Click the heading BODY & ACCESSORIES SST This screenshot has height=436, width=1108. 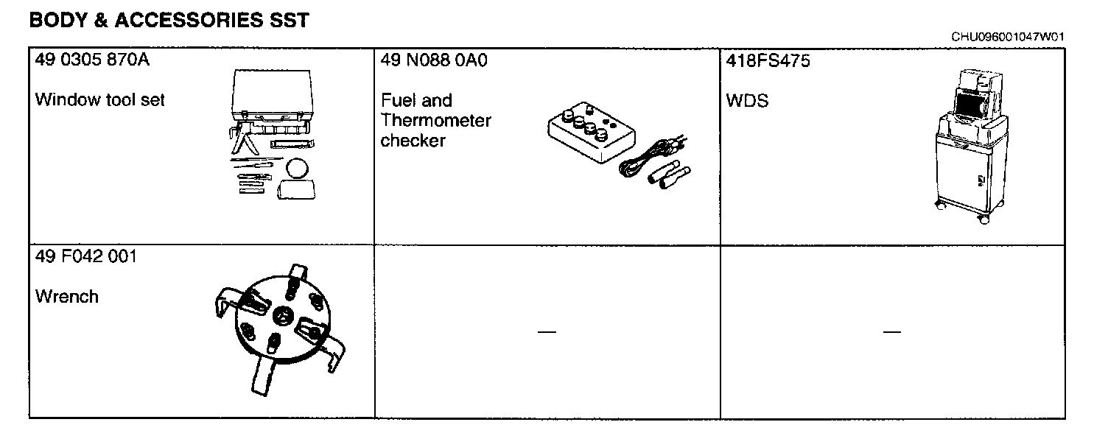pos(169,21)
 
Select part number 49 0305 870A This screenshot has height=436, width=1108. pos(92,60)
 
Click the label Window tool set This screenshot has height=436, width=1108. pos(99,99)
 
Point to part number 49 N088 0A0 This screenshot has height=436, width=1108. pos(434,60)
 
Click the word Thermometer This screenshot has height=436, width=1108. pos(435,121)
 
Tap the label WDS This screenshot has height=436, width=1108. pos(747,101)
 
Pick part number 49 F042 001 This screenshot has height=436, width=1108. pos(85,257)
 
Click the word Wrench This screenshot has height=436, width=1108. pos(66,297)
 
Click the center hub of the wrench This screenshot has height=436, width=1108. pos(281,314)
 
